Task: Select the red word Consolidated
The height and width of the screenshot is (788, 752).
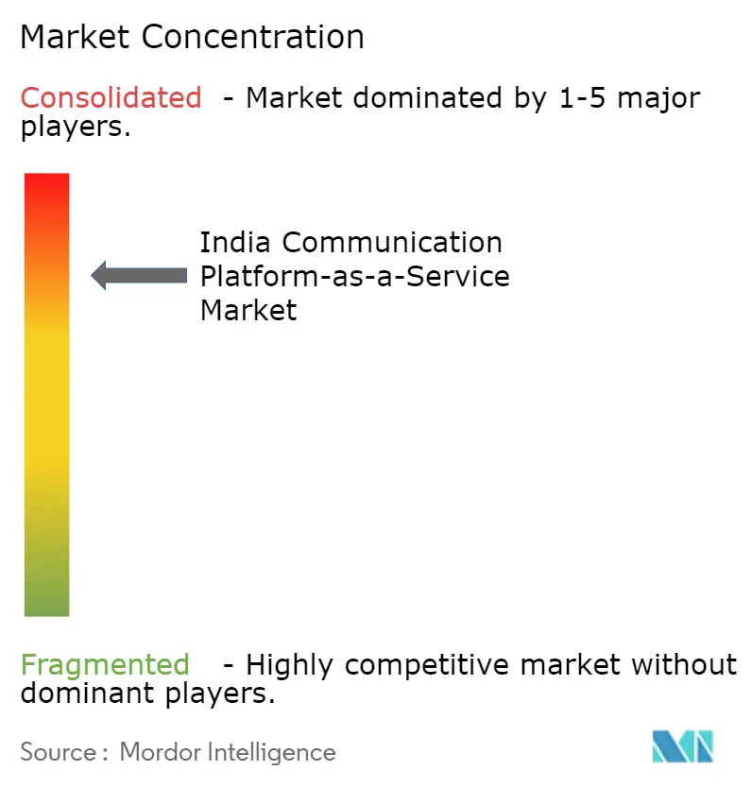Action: coord(111,97)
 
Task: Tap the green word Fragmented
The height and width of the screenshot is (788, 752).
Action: coord(105,664)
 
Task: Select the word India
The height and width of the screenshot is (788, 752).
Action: coord(236,243)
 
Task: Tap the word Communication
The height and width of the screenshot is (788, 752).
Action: coord(392,243)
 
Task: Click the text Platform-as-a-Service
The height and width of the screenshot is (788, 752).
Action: coord(354,276)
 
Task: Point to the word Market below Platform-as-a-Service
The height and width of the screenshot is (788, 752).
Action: coord(248,309)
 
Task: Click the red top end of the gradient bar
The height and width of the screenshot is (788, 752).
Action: coord(46,184)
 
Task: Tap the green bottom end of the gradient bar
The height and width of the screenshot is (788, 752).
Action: coord(46,605)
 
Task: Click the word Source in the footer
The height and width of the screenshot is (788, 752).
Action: coord(58,752)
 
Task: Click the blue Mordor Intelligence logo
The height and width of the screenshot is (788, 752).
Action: coord(681,746)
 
